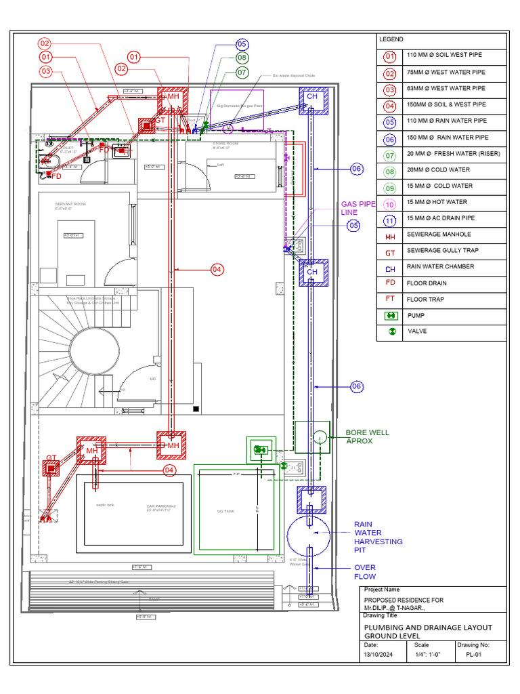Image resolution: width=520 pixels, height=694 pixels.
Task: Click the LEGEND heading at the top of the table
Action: tap(391, 40)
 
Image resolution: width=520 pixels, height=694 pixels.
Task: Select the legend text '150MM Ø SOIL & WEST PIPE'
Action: tap(446, 104)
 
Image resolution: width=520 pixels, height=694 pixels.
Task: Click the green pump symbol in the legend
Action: tap(390, 316)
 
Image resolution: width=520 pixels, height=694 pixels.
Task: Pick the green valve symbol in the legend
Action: tap(390, 332)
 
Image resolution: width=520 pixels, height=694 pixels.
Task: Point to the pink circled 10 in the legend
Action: tap(390, 202)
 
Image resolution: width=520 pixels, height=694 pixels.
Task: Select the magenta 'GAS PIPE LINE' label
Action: tap(357, 207)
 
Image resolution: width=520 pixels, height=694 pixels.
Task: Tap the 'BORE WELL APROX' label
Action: tap(368, 436)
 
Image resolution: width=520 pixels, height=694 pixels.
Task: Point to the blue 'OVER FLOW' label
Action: tap(365, 571)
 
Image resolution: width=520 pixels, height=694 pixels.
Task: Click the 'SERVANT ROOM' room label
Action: tap(70, 204)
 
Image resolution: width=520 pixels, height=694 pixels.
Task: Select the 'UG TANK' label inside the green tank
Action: tap(225, 510)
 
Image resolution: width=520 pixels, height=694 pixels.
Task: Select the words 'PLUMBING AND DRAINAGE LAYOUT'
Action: tap(428, 628)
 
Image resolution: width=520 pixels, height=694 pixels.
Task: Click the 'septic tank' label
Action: tap(104, 504)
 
